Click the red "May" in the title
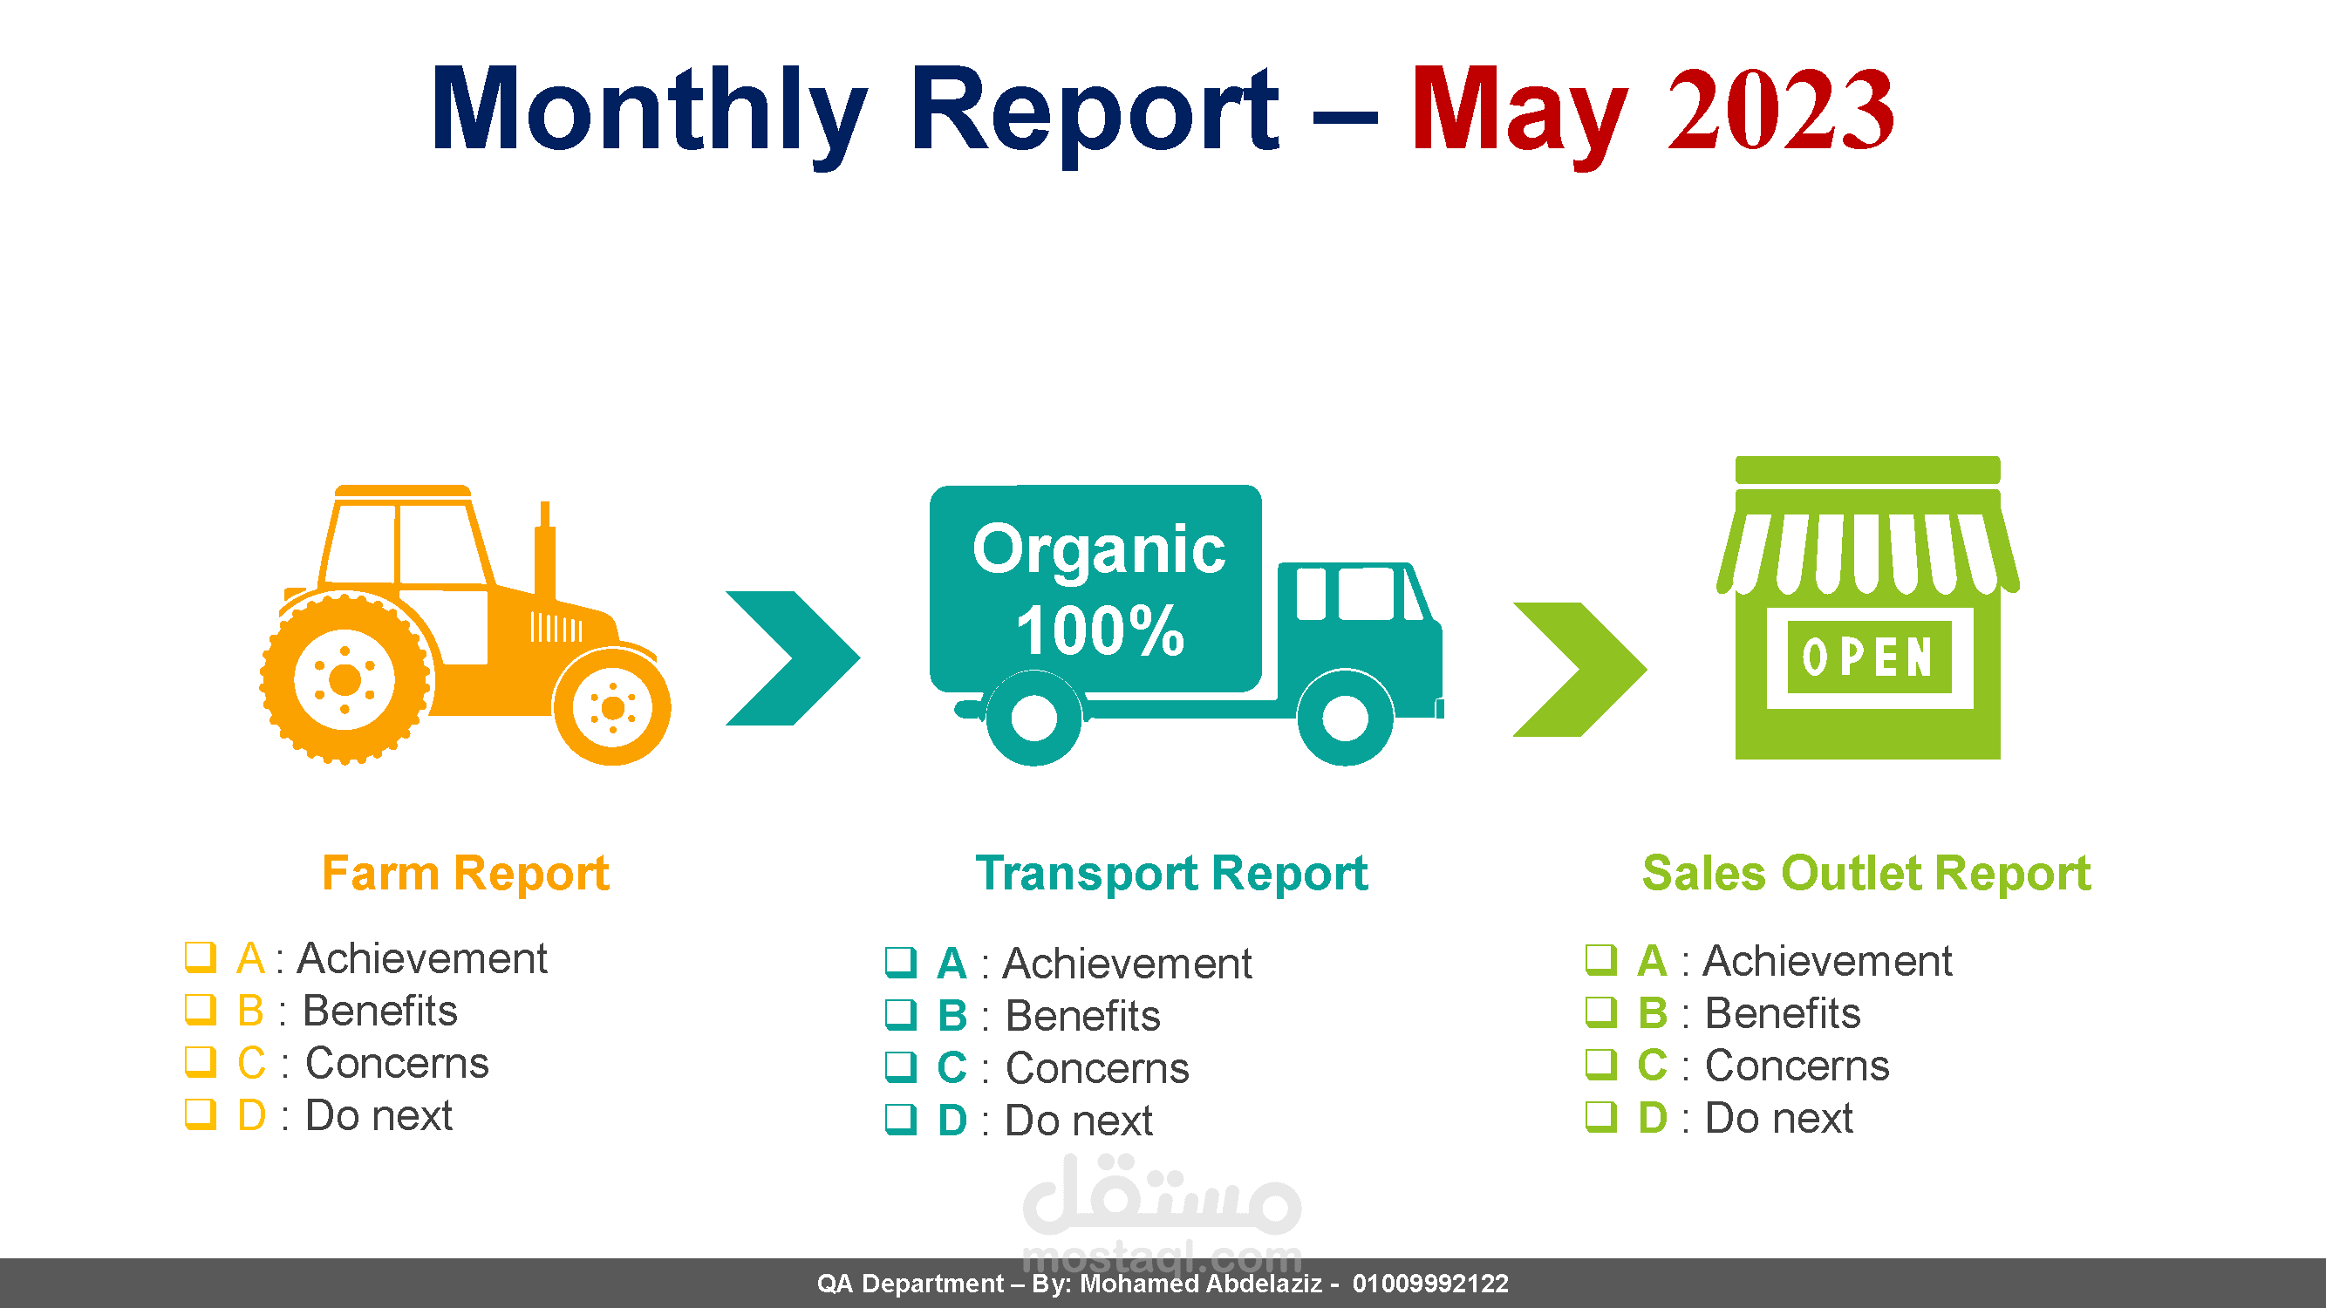click(1519, 113)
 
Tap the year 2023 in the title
click(1781, 110)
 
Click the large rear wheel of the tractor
click(344, 678)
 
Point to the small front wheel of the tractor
click(612, 708)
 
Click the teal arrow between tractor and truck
click(793, 658)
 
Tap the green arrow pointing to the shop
click(1580, 670)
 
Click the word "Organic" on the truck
click(1099, 549)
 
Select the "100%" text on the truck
click(1100, 630)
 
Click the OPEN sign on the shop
click(1868, 657)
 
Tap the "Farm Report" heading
click(466, 873)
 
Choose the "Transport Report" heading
click(1171, 874)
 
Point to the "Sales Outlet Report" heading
click(1866, 873)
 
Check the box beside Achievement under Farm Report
click(201, 957)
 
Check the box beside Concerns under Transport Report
click(900, 1067)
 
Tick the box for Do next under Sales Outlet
click(1601, 1117)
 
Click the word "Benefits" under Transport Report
click(1082, 1016)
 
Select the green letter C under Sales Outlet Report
click(1653, 1066)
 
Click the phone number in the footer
click(1430, 1284)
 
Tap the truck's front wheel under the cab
click(1346, 718)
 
